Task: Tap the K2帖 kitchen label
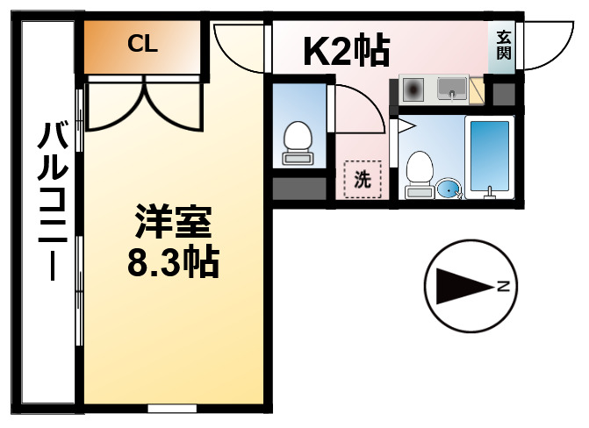(x=346, y=53)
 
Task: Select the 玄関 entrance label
(x=504, y=44)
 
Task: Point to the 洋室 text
(x=174, y=224)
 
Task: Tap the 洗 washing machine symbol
(x=362, y=180)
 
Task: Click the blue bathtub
(x=490, y=155)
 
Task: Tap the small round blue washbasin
(x=448, y=188)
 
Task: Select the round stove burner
(x=413, y=89)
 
